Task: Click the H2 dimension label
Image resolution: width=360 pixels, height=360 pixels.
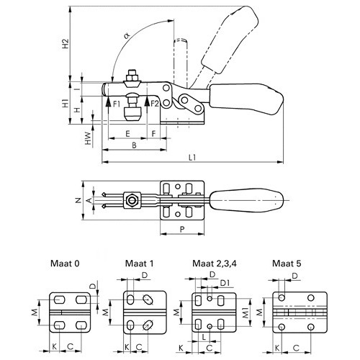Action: (x=66, y=44)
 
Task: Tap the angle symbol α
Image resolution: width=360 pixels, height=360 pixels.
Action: (x=127, y=36)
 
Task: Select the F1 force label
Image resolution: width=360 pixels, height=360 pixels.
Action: (x=117, y=104)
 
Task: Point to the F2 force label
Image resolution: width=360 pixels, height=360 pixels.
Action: (x=155, y=104)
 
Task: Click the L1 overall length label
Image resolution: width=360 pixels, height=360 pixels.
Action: (x=192, y=158)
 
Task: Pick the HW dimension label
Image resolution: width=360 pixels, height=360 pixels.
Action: (x=89, y=138)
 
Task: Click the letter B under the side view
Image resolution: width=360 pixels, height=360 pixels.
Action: (x=135, y=145)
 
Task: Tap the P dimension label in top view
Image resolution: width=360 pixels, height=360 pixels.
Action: (x=182, y=229)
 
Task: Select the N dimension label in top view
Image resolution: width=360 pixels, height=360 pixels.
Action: (x=78, y=200)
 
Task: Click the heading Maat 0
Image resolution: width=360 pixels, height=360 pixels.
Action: (x=65, y=264)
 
